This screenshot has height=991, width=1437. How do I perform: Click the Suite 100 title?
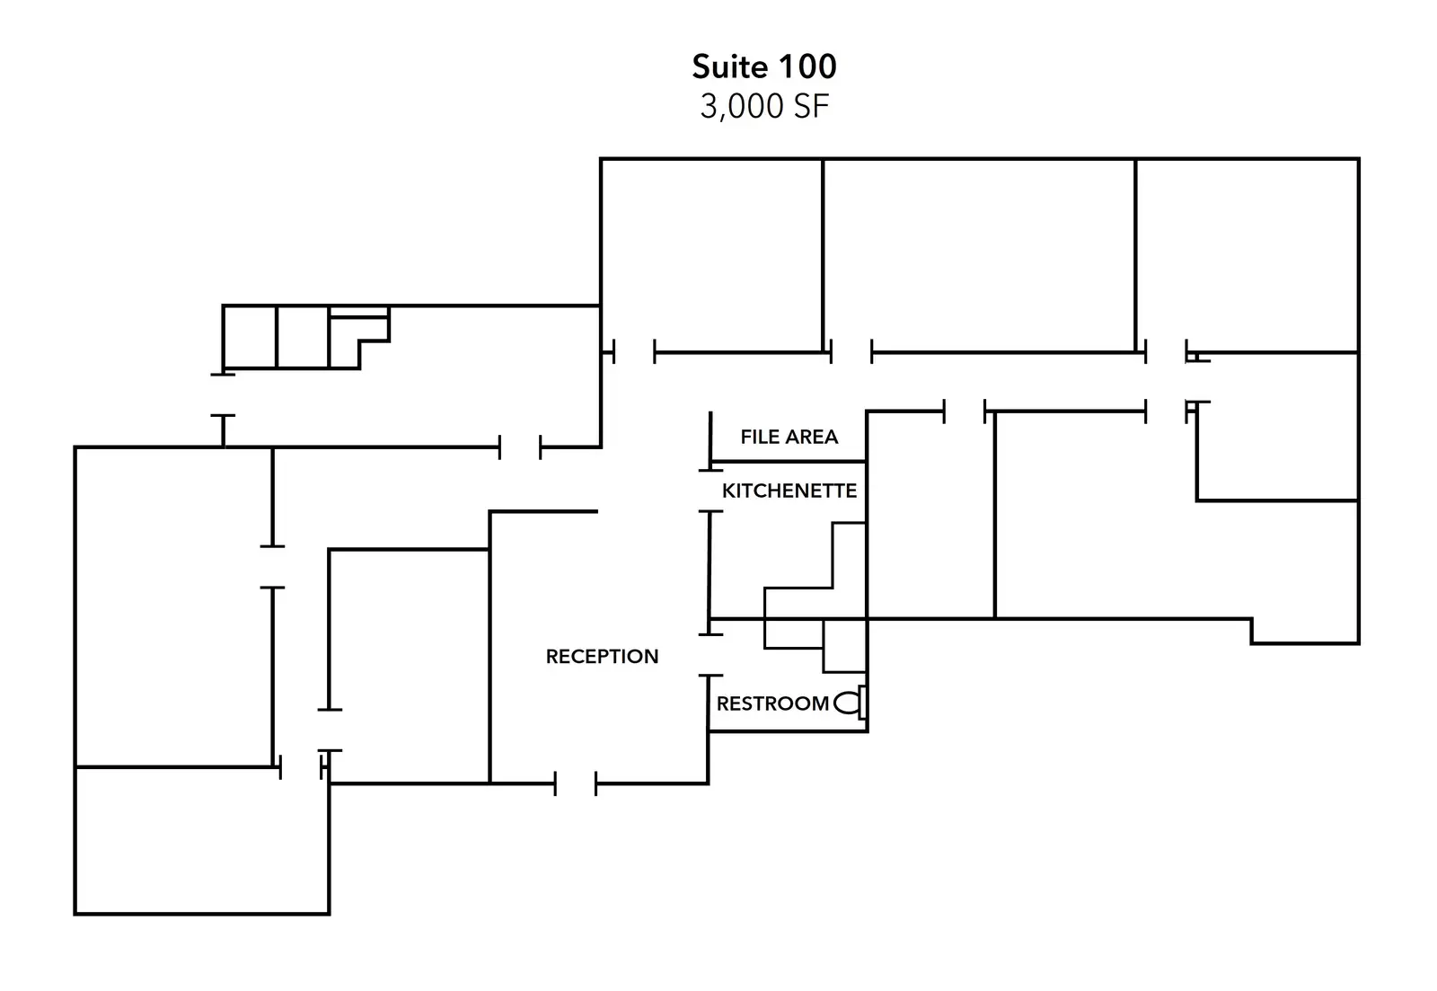764,66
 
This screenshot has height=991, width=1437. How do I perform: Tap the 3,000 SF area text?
764,107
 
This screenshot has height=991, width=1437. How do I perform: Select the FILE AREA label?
789,437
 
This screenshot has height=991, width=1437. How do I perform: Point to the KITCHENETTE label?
789,491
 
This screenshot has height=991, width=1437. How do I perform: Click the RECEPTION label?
602,657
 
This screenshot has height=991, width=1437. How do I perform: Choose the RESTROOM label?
772,704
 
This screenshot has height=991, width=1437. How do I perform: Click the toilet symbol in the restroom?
851,703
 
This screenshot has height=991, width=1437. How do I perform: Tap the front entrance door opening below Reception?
576,783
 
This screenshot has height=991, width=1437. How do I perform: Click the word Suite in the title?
729,66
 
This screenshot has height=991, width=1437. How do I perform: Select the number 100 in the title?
807,66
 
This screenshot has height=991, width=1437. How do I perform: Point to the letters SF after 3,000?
812,107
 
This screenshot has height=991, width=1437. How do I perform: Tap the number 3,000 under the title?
742,107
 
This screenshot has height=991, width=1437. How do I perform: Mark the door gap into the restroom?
710,655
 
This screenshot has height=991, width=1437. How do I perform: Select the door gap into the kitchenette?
710,491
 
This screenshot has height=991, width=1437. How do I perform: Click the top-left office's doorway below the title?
634,352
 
